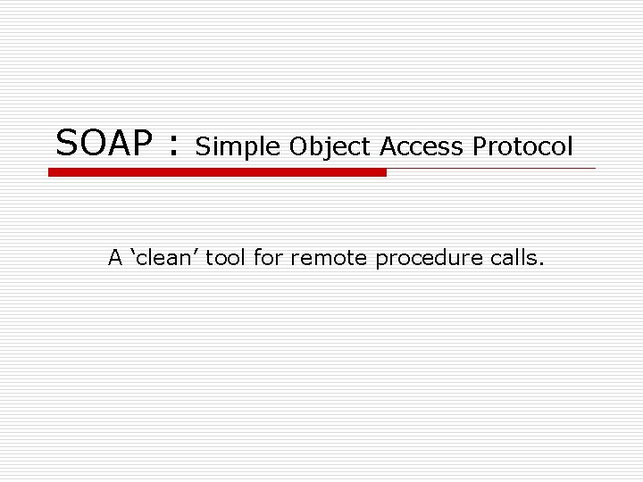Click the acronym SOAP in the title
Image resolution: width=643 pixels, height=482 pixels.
(x=105, y=143)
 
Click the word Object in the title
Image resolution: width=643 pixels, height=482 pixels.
(x=330, y=147)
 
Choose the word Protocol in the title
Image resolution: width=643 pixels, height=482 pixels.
(x=522, y=146)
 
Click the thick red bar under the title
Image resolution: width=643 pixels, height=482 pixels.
(x=217, y=172)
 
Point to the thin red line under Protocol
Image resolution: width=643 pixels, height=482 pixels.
(x=491, y=168)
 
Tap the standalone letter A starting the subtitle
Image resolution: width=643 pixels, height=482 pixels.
(x=115, y=259)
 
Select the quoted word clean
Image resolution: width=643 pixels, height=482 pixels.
(x=169, y=259)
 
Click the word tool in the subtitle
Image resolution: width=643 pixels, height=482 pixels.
(x=230, y=259)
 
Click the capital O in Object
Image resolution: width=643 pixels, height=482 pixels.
(x=297, y=147)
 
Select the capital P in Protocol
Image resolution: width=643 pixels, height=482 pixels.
(x=480, y=146)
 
